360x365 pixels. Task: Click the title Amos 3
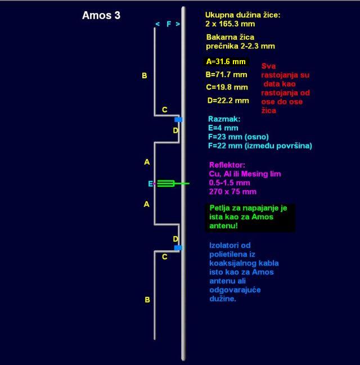click(101, 15)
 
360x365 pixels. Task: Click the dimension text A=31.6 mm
click(226, 62)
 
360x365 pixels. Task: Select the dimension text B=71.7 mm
click(226, 74)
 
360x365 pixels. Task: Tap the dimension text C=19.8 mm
click(227, 87)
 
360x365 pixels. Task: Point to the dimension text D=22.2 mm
click(228, 101)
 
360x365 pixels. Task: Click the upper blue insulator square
click(178, 119)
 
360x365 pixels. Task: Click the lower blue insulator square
click(178, 247)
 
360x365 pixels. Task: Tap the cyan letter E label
click(151, 184)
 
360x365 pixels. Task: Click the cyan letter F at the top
click(169, 24)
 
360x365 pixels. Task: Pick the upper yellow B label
click(145, 76)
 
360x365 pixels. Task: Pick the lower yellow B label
click(147, 300)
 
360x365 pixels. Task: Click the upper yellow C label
click(165, 110)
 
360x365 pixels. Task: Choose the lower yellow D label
click(175, 239)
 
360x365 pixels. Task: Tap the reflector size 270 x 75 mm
click(233, 192)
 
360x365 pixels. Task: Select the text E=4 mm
click(223, 128)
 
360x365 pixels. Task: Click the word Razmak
click(223, 119)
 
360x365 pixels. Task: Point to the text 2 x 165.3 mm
click(230, 24)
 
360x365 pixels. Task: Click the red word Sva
click(268, 66)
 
